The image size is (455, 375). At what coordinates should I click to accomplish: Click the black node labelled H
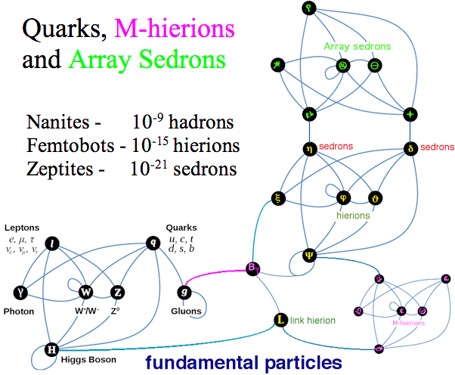[x=51, y=349]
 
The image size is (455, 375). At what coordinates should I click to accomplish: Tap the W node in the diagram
[x=85, y=292]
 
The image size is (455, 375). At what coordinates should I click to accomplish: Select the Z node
[x=117, y=292]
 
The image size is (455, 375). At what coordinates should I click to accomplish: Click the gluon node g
[x=183, y=292]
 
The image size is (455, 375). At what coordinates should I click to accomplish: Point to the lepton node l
[x=51, y=243]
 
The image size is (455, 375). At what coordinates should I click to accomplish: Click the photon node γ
[x=19, y=292]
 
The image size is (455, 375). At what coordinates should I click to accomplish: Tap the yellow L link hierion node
[x=279, y=321]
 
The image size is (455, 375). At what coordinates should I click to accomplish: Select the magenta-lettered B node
[x=253, y=268]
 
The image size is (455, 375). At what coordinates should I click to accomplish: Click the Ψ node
[x=308, y=254]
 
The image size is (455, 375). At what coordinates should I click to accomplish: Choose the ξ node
[x=278, y=199]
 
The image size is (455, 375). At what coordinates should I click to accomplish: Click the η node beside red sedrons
[x=308, y=149]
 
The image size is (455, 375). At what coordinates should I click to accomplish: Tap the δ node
[x=410, y=149]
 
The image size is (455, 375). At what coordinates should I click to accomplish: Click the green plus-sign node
[x=410, y=115]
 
